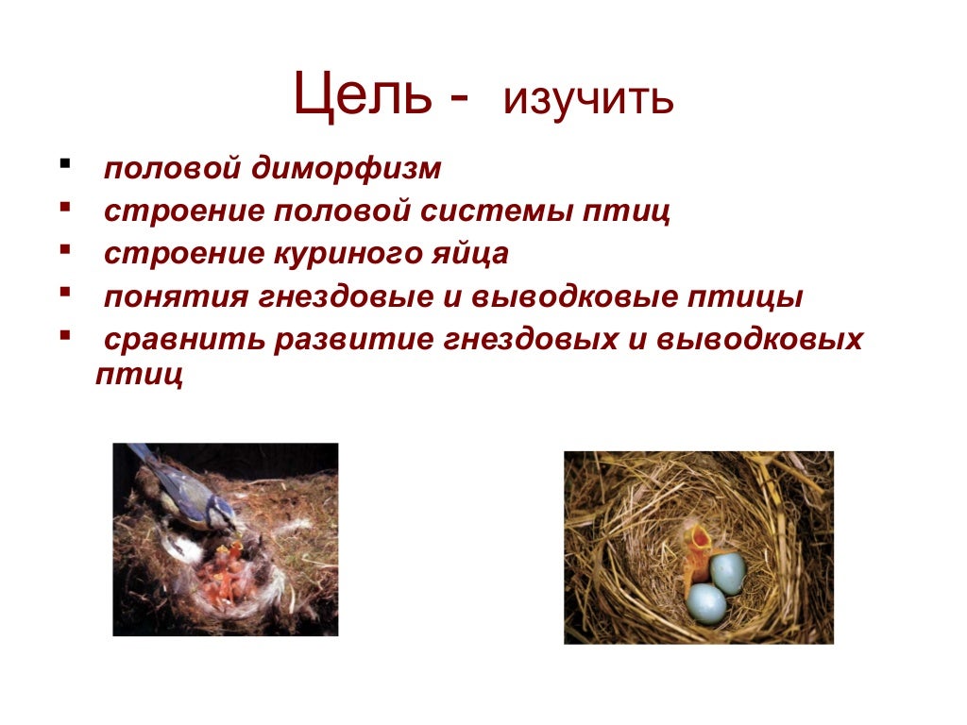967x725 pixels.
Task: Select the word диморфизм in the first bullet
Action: pyautogui.click(x=347, y=170)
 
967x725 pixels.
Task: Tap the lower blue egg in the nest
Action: pyautogui.click(x=705, y=602)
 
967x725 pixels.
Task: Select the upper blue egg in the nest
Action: pyautogui.click(x=727, y=572)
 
